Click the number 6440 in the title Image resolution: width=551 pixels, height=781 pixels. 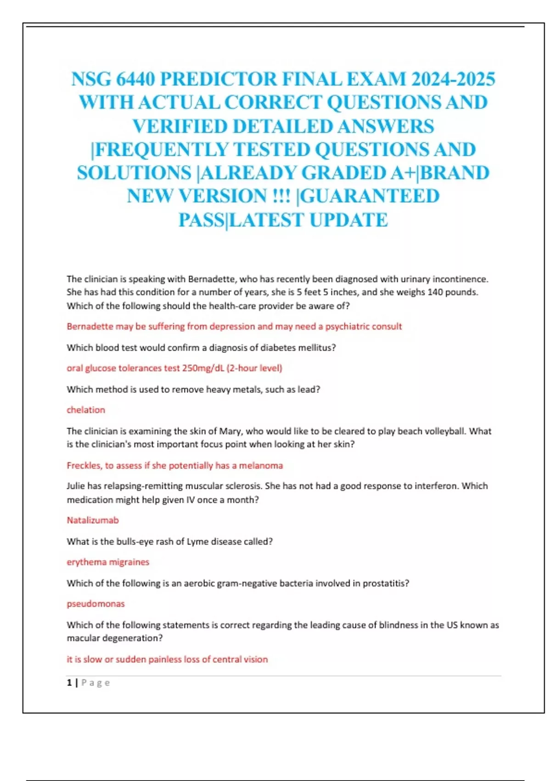[x=135, y=79]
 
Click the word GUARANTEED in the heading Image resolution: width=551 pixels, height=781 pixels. [x=370, y=196]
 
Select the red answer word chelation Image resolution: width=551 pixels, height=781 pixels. [x=86, y=410]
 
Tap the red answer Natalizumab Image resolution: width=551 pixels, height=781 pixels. [x=93, y=520]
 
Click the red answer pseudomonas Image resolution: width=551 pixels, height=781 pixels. [x=96, y=604]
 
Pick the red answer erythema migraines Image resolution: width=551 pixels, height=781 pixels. [x=108, y=562]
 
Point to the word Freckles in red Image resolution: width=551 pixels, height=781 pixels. [x=84, y=465]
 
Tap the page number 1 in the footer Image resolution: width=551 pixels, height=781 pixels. [x=69, y=683]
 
